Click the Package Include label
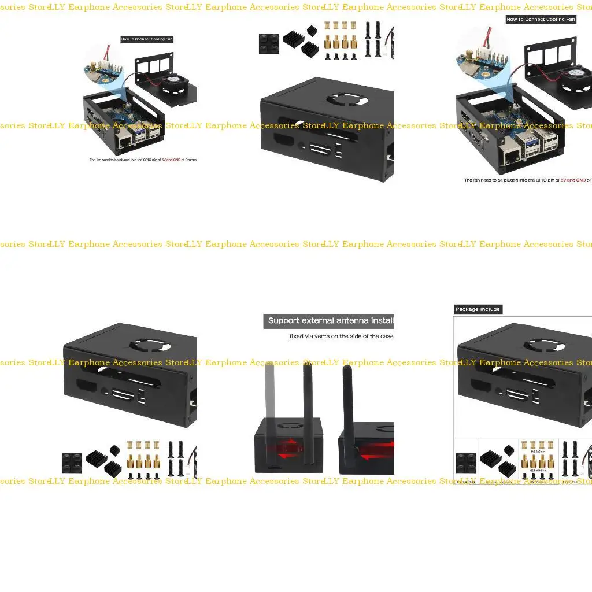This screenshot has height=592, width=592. coord(478,309)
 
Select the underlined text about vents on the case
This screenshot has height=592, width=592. coord(341,336)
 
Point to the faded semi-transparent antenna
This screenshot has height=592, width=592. coord(270,393)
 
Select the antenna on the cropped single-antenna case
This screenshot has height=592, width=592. coord(348,405)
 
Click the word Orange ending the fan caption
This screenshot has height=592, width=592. coord(191,160)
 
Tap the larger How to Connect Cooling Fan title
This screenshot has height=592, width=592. coord(541,19)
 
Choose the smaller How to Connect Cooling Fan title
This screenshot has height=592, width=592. coord(147,39)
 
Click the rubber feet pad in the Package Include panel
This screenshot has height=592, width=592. coord(466,462)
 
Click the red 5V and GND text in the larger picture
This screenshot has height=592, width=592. coord(573,180)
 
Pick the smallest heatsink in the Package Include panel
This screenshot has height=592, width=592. coord(509,450)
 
